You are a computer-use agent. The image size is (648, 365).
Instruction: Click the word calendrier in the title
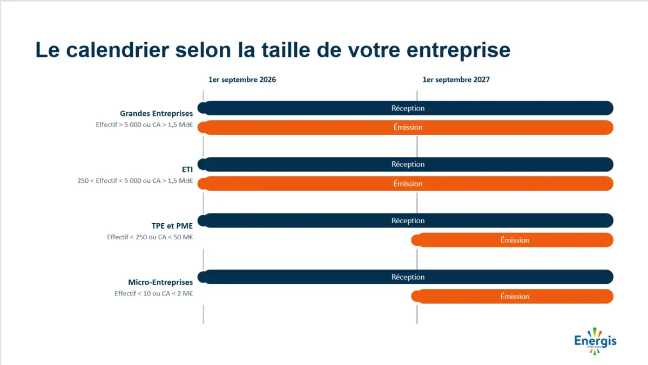(118, 50)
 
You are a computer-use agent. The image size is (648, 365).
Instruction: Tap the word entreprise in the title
(458, 51)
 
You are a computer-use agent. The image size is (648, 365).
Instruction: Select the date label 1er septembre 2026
(242, 80)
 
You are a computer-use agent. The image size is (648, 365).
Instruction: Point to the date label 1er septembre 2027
(456, 80)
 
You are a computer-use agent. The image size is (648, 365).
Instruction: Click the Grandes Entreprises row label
(156, 113)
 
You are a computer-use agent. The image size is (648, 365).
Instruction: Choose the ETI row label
(187, 169)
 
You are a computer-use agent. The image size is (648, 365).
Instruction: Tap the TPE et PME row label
(172, 226)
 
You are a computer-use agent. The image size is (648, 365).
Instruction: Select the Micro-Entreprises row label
(160, 282)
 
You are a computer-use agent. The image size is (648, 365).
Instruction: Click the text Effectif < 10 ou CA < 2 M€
(153, 293)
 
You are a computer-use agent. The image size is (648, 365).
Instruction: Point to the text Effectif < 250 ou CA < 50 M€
(150, 237)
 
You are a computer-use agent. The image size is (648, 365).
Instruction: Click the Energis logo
(595, 341)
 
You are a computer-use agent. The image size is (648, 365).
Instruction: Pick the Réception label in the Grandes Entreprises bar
(408, 108)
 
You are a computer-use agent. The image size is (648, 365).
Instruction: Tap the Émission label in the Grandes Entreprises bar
(408, 127)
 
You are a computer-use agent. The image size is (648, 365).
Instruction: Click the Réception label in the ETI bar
(408, 164)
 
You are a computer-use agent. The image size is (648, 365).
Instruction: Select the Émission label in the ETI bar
(408, 184)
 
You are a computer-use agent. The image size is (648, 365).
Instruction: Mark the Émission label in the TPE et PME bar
(515, 240)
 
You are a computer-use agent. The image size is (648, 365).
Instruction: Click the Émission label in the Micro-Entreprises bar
(515, 297)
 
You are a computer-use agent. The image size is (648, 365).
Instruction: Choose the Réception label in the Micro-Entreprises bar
(408, 277)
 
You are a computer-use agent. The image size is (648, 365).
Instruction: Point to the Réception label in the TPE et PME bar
(408, 221)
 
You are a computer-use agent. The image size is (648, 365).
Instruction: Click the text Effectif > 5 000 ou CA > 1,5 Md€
(144, 125)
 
